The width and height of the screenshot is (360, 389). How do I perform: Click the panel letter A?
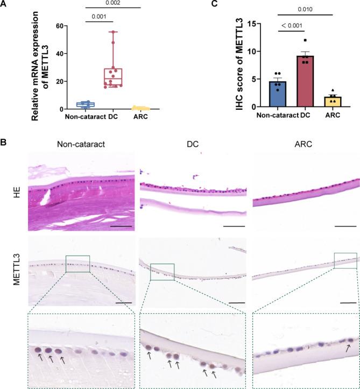click(4, 4)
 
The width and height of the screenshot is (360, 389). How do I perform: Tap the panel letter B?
click(4, 143)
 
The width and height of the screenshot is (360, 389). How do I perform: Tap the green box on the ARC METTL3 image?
click(345, 260)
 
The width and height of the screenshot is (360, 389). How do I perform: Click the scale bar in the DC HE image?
click(234, 226)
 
